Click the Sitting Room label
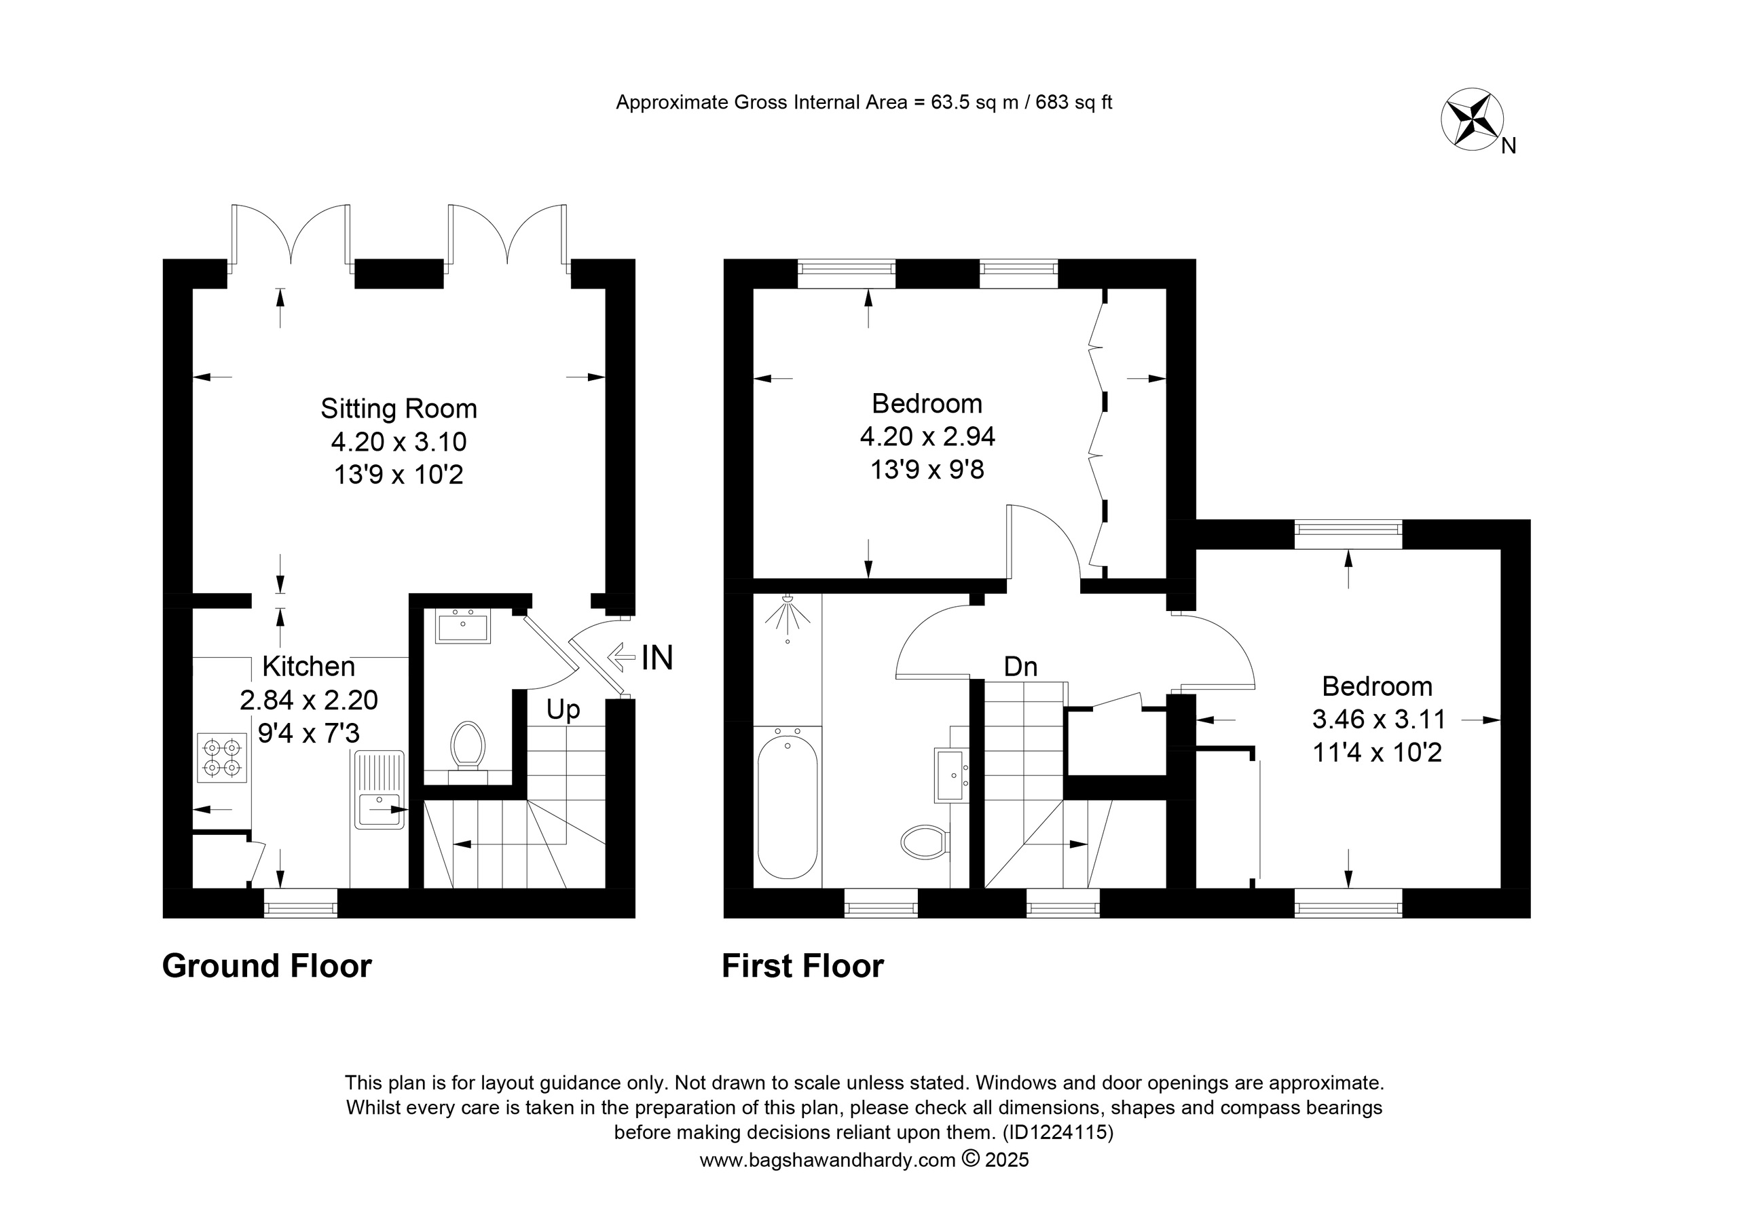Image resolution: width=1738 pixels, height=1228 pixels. (399, 409)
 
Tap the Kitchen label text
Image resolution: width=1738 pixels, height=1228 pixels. (309, 666)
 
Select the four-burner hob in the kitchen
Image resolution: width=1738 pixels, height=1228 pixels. (223, 758)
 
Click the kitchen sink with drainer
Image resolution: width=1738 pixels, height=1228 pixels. (378, 789)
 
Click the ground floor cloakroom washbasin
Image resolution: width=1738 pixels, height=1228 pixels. (462, 626)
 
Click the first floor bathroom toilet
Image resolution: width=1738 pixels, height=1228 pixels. (925, 841)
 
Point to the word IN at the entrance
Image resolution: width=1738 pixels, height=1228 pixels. (657, 658)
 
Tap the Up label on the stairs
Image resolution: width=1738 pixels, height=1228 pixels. (563, 710)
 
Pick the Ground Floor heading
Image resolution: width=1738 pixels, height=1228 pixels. (267, 967)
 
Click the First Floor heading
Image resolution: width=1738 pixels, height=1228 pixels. (803, 967)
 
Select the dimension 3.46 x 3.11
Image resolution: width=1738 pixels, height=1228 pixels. (1379, 718)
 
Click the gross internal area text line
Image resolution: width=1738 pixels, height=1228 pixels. (864, 103)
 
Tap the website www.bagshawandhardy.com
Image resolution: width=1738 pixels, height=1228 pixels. (828, 1160)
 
